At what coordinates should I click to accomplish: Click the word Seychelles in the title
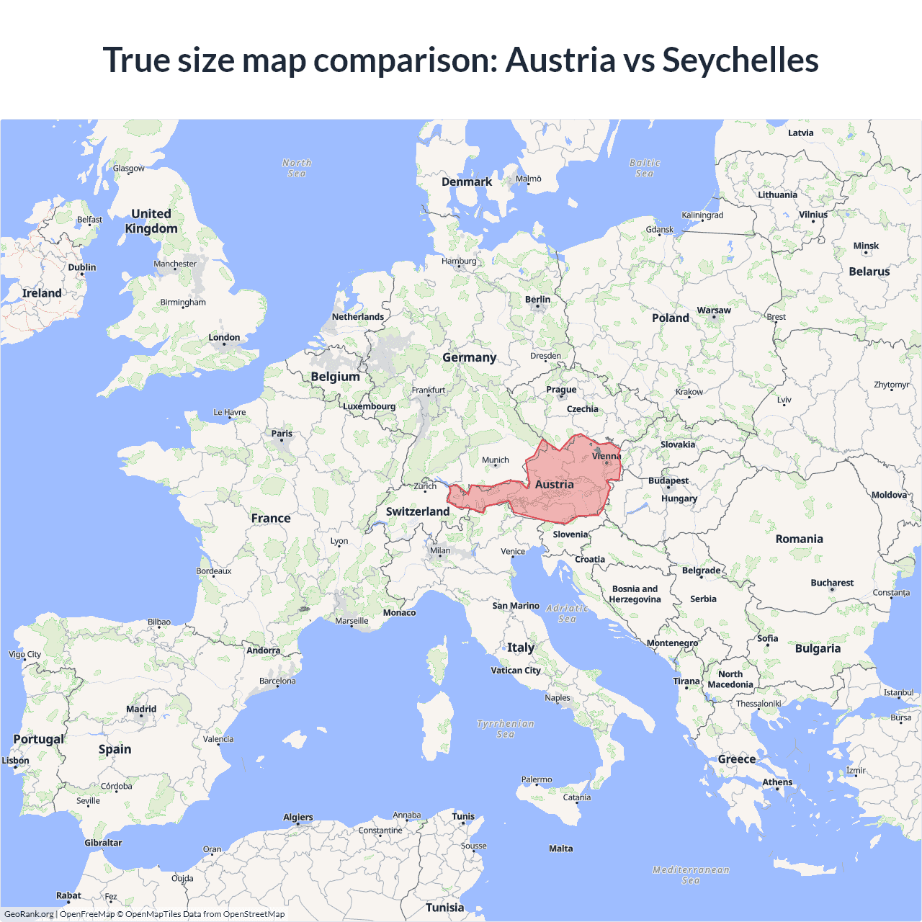[x=740, y=60]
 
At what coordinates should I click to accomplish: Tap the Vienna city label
[x=607, y=456]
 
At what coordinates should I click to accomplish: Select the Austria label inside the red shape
[x=554, y=485]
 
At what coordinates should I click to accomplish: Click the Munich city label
[x=496, y=460]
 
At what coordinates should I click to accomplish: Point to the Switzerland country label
[x=418, y=511]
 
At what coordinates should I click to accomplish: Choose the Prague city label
[x=561, y=390]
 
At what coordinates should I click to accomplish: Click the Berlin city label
[x=537, y=300]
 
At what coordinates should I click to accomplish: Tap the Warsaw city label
[x=714, y=310]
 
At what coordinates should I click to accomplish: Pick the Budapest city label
[x=668, y=480]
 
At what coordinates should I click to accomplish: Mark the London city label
[x=224, y=337]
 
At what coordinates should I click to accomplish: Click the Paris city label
[x=282, y=434]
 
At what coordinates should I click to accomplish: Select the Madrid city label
[x=141, y=709]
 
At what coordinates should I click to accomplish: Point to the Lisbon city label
[x=16, y=761]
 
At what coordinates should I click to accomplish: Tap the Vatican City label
[x=516, y=671]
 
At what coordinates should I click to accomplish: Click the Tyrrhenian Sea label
[x=506, y=729]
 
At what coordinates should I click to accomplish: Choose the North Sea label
[x=297, y=168]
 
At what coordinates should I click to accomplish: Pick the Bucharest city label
[x=832, y=583]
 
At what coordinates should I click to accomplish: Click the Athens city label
[x=777, y=782]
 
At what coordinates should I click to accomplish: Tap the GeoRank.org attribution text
[x=29, y=914]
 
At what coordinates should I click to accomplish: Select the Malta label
[x=560, y=849]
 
